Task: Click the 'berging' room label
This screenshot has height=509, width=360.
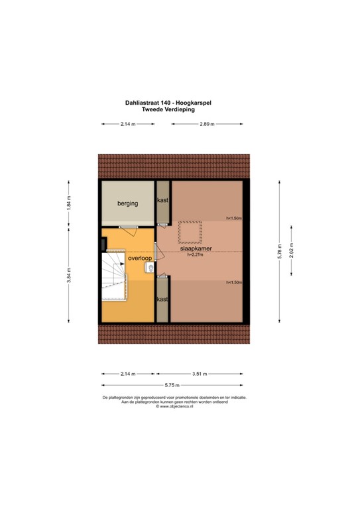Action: click(128, 203)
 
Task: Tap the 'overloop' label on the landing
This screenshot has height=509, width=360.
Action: click(140, 258)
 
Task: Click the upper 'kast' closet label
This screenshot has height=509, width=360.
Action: click(162, 200)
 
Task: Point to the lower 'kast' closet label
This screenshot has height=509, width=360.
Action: click(162, 300)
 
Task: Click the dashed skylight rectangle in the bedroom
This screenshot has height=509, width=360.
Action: click(190, 232)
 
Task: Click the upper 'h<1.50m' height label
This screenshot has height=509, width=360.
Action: click(233, 218)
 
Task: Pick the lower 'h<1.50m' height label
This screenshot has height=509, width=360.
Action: click(233, 283)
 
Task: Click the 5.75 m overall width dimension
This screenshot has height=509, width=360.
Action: click(174, 385)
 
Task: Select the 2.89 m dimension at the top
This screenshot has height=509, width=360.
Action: click(208, 124)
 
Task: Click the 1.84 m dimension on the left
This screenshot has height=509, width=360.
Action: click(69, 202)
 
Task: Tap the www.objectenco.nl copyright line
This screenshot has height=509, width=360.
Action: click(174, 406)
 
